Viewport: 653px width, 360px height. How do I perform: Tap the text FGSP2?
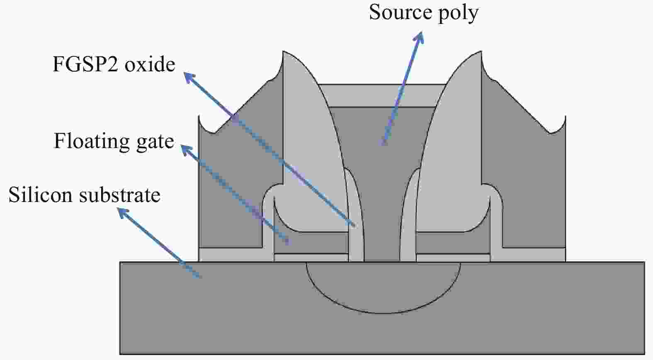coord(85,64)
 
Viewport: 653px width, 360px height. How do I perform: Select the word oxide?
coord(150,64)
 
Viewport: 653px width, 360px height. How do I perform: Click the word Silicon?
coord(40,195)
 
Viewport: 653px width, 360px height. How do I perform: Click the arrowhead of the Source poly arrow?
coord(420,36)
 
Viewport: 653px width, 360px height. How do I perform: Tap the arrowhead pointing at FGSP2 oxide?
coord(189,77)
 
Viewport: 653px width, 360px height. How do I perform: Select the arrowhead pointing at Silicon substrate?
coord(122,212)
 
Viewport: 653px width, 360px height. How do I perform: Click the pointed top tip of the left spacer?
coord(283,51)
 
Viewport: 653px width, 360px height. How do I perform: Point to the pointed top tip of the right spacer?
coord(481,51)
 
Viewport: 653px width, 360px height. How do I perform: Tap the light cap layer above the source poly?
coord(382,96)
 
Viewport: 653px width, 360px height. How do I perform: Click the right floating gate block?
coord(453,243)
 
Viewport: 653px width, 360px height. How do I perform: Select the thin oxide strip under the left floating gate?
coord(311,258)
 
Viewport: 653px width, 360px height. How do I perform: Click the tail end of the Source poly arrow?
coord(383,144)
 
